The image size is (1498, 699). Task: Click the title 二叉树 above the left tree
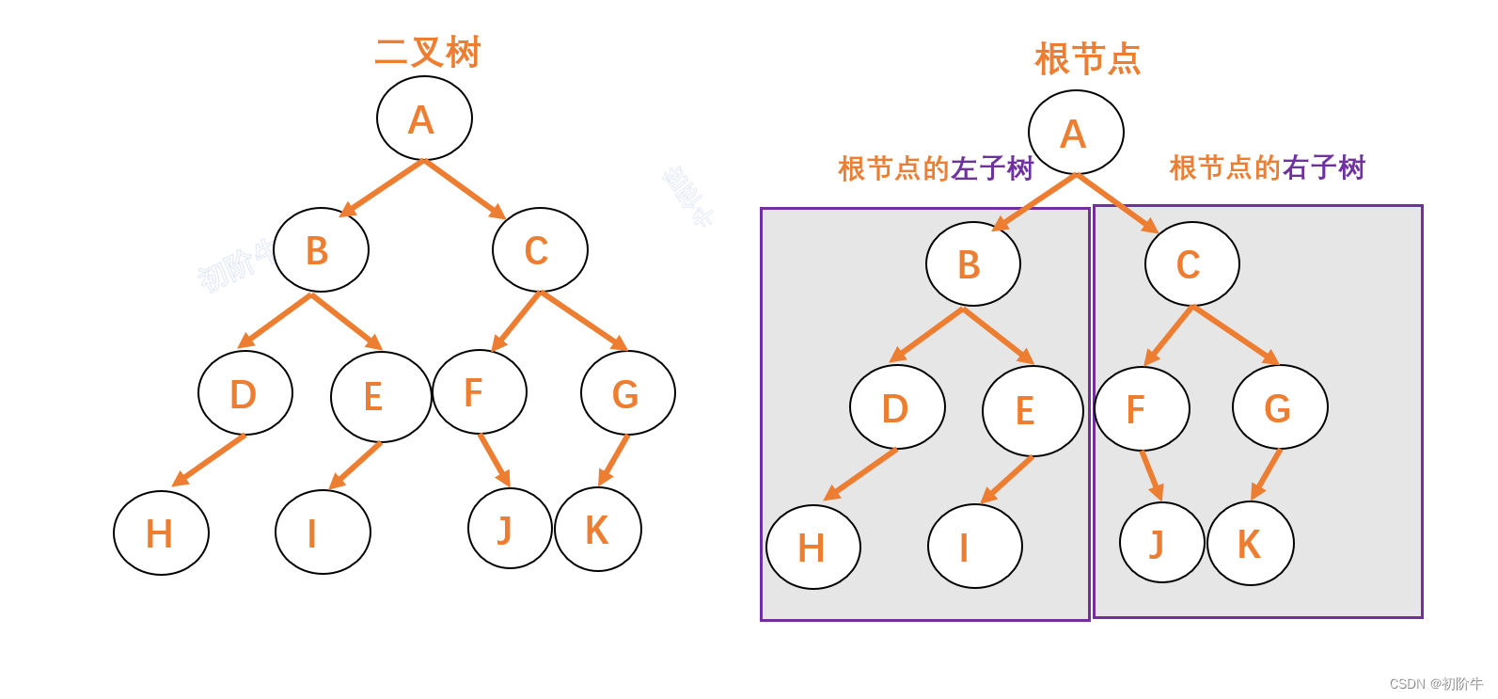coord(427,53)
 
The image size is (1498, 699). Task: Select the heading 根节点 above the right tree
coord(1087,59)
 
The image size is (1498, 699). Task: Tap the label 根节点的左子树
coord(936,168)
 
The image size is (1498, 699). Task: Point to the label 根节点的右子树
coord(1267,167)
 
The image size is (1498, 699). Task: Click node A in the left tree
coord(424,119)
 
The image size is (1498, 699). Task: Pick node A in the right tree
coord(1076,133)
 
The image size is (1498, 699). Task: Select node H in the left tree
coord(161,532)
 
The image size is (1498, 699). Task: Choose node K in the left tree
coord(598,529)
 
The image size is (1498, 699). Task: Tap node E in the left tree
coord(380,396)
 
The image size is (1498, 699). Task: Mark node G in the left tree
coord(627,393)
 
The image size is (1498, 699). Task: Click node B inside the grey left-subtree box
coord(972,264)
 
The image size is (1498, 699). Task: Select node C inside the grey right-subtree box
coord(1191,264)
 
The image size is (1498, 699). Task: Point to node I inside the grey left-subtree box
coord(974,546)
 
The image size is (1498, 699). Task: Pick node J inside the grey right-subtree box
coord(1161,543)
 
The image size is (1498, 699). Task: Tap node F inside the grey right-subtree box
coord(1142,409)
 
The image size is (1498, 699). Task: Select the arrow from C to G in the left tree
coord(583,321)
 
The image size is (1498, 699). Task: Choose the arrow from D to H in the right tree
coord(861,474)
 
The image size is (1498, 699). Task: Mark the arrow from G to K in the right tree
coord(1266,474)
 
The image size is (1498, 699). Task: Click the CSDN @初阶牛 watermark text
coord(1435,684)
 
